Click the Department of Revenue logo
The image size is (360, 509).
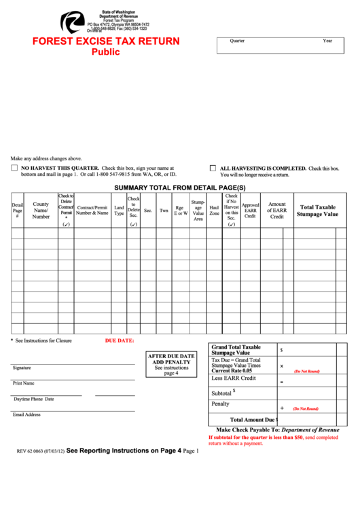click(x=71, y=22)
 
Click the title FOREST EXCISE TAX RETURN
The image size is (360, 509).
click(x=106, y=41)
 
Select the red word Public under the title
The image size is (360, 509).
click(x=106, y=52)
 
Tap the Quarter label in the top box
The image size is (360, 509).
click(x=237, y=41)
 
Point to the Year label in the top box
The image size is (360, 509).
click(x=327, y=41)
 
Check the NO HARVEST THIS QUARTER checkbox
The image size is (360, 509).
click(x=14, y=168)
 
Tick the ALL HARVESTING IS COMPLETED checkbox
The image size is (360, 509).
click(x=213, y=168)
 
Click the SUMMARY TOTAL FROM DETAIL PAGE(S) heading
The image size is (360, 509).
click(x=179, y=187)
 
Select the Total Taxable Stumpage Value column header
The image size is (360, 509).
click(x=317, y=211)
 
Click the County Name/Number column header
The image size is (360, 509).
click(x=41, y=211)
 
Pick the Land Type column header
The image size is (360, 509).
click(x=119, y=211)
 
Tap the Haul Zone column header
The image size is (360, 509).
click(x=214, y=211)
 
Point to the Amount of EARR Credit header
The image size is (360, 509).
click(x=276, y=211)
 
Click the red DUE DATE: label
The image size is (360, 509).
click(x=119, y=340)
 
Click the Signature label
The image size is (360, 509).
click(x=22, y=368)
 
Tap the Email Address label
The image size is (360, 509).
click(x=26, y=415)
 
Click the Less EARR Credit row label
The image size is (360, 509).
click(x=234, y=378)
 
